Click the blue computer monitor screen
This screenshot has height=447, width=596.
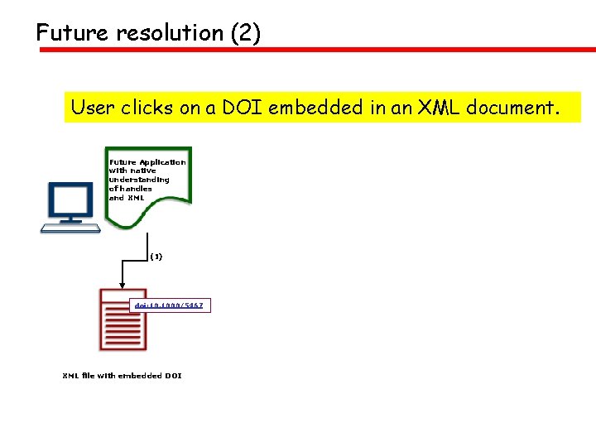[x=70, y=199]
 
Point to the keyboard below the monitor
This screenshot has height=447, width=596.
[x=71, y=227]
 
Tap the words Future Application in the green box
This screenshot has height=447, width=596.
[x=147, y=162]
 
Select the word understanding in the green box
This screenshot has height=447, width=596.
[x=139, y=180]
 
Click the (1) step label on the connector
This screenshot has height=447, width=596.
[x=156, y=257]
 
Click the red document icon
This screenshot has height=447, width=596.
[x=116, y=319]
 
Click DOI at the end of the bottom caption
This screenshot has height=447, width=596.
[x=173, y=376]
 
